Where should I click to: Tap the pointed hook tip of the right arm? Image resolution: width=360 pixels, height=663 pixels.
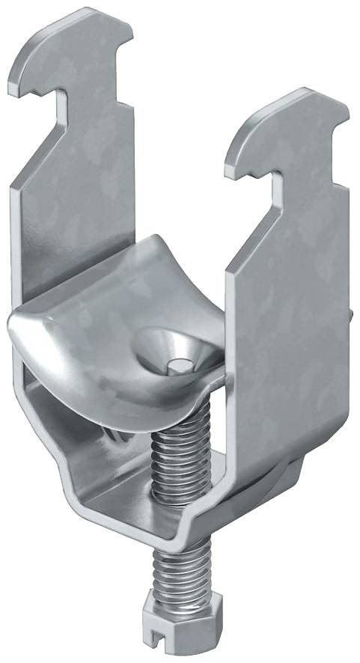(232, 162)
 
